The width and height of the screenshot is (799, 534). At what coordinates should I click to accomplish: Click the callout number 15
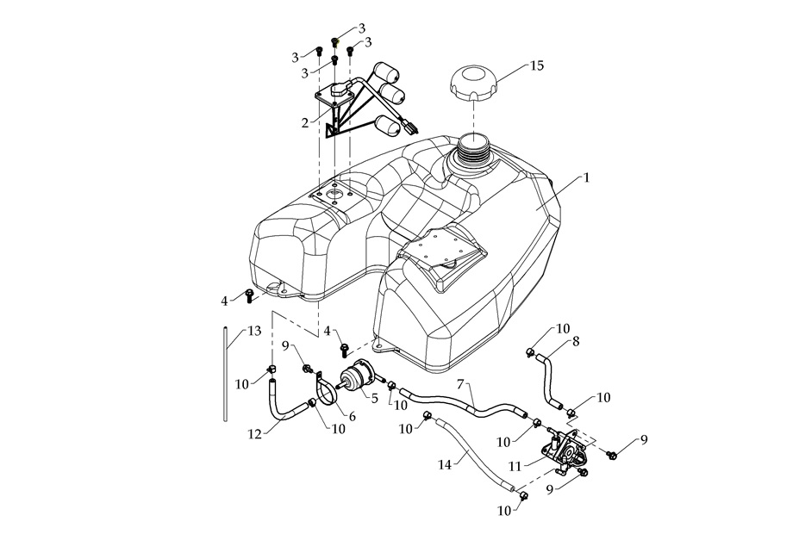(536, 65)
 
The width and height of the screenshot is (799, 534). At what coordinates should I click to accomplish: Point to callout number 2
(304, 122)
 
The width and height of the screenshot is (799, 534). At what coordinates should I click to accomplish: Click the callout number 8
(576, 341)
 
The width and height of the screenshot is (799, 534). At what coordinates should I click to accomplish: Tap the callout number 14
(445, 464)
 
